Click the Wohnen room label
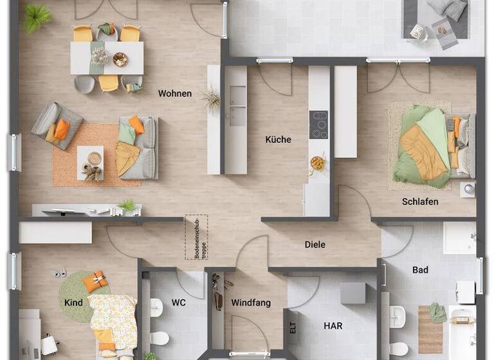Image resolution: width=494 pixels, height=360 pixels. (175, 94)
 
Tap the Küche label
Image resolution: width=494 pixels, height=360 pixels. (279, 139)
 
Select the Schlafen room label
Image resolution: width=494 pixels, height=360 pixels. (420, 202)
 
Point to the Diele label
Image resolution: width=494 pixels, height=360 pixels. (315, 245)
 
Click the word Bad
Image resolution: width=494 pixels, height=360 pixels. (420, 271)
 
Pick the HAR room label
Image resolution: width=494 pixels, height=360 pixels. (333, 326)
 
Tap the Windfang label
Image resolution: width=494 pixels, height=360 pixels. (251, 303)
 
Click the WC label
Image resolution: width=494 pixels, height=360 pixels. (179, 302)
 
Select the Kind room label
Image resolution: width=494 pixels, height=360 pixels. (73, 302)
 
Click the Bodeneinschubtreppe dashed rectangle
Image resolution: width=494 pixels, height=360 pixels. (196, 237)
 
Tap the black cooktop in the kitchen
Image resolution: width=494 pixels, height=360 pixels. (318, 125)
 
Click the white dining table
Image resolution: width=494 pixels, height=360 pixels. (107, 59)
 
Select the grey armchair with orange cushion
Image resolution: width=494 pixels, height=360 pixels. (57, 125)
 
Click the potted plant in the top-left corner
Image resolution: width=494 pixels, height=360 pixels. (37, 17)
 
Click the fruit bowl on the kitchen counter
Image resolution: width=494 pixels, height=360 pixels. (318, 163)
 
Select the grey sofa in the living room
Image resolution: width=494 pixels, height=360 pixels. (138, 147)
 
